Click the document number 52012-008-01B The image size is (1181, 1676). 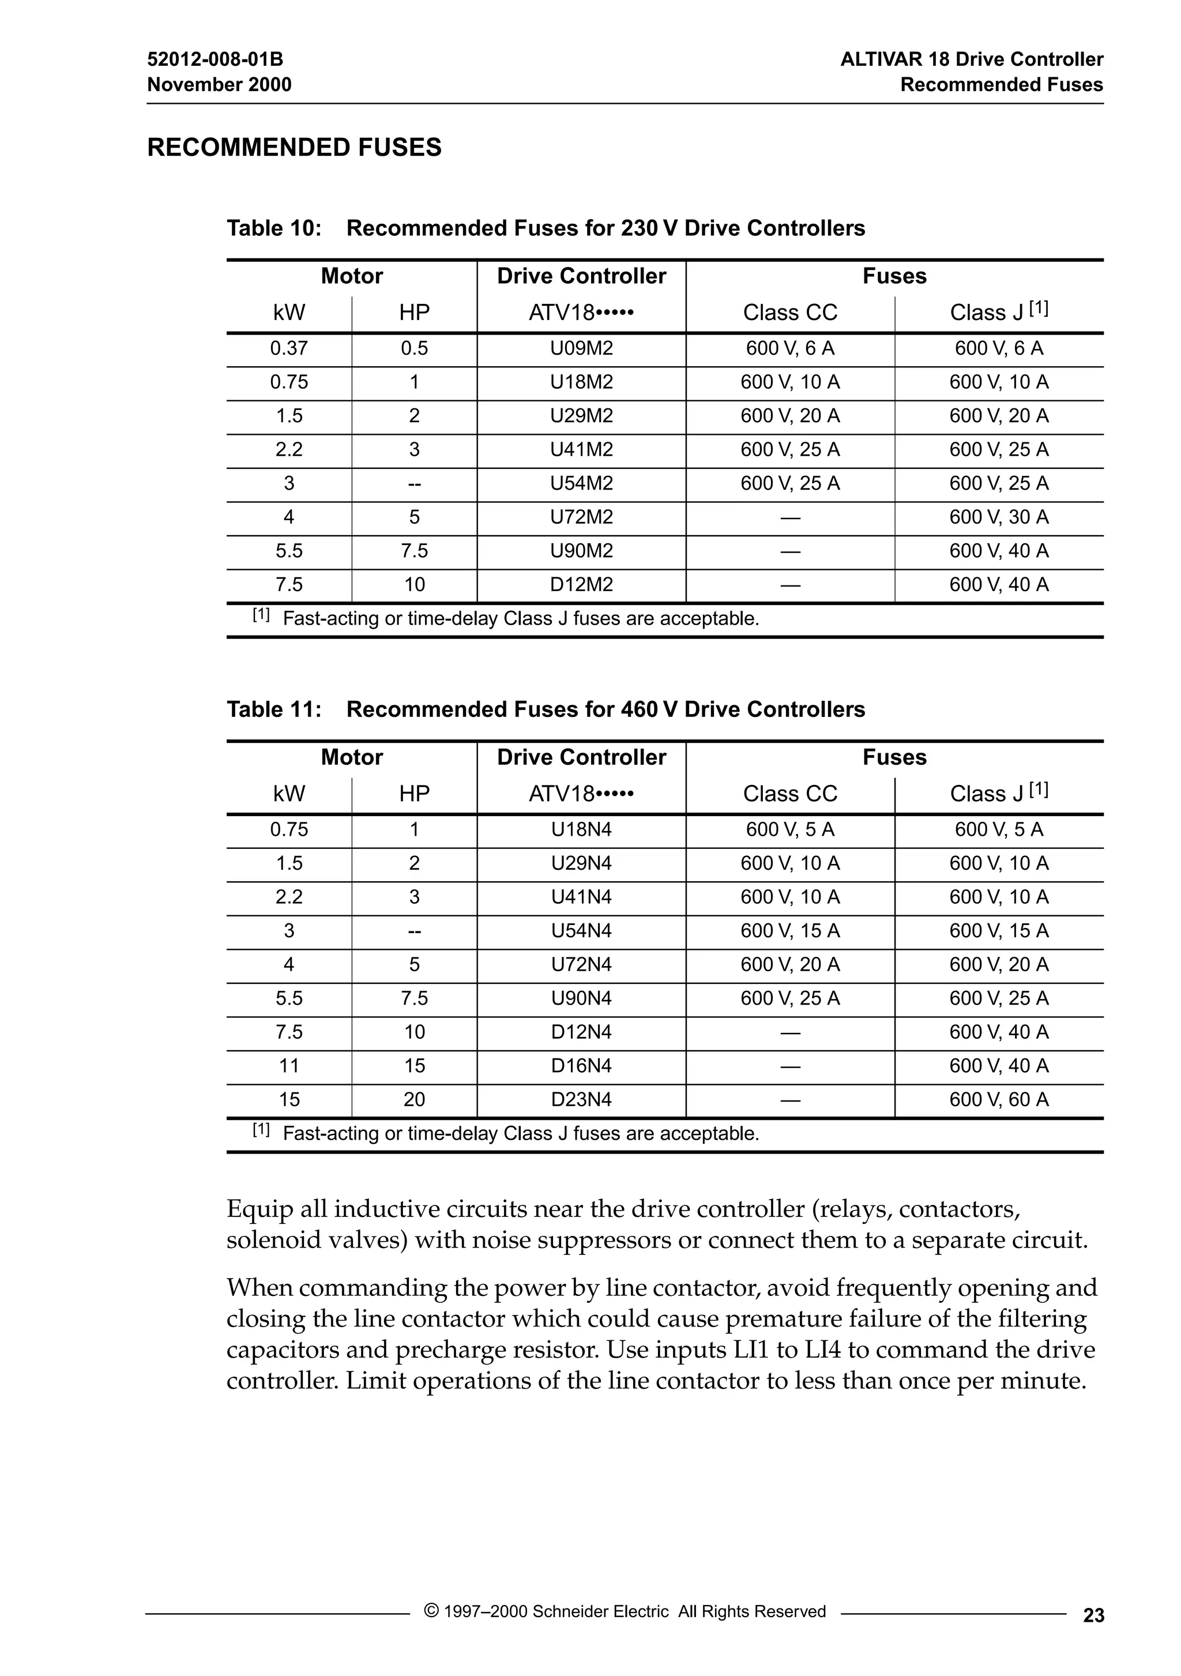coord(215,59)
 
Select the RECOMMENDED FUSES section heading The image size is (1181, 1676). coord(294,148)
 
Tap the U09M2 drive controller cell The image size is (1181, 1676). coord(581,348)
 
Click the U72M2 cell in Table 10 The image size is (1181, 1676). coord(581,517)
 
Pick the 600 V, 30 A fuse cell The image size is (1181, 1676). coord(999,517)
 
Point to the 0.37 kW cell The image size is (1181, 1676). coord(289,348)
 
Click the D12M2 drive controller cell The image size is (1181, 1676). coord(581,585)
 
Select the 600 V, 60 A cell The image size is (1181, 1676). coord(999,1099)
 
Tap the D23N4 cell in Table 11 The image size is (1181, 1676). coord(581,1099)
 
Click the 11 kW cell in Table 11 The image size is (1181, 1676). coord(289,1066)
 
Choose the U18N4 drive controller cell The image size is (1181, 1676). coord(581,829)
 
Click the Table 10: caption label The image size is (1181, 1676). coord(274,228)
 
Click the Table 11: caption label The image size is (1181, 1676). coord(274,709)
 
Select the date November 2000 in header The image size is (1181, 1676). coord(219,85)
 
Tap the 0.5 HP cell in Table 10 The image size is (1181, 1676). coord(414,348)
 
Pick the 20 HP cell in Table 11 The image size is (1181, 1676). coord(414,1099)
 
